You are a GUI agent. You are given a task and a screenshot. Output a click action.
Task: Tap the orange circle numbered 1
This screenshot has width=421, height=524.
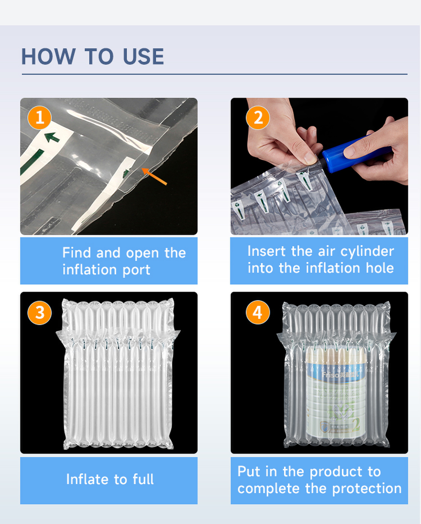pyautogui.click(x=40, y=118)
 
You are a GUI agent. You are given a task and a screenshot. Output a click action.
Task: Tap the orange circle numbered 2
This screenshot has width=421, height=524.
pyautogui.click(x=258, y=118)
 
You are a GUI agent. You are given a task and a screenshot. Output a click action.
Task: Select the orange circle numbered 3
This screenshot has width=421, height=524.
pyautogui.click(x=40, y=313)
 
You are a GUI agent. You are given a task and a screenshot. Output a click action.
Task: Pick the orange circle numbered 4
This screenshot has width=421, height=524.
pyautogui.click(x=258, y=313)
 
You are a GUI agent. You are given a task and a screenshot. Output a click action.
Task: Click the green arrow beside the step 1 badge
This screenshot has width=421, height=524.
pyautogui.click(x=52, y=137)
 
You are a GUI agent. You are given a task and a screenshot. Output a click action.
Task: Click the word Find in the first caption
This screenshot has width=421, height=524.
pyautogui.click(x=77, y=253)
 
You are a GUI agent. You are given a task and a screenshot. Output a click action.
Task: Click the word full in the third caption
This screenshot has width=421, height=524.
pyautogui.click(x=143, y=479)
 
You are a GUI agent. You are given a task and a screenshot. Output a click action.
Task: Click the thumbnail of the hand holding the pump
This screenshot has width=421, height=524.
pyautogui.click(x=319, y=166)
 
